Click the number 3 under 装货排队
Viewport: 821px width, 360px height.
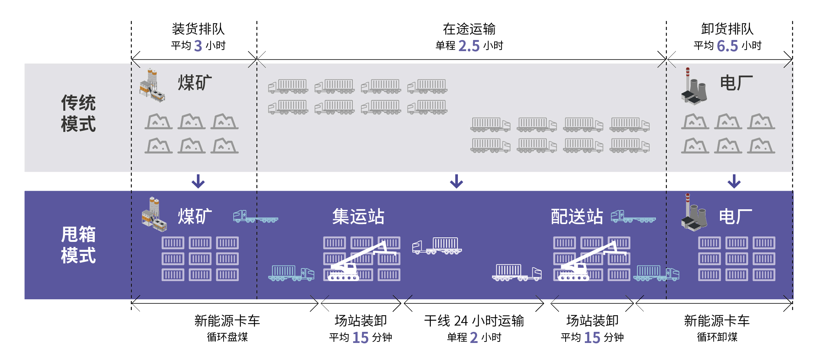point(198,46)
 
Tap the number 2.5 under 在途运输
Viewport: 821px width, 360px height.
point(469,46)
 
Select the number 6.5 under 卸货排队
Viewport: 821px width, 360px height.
point(727,46)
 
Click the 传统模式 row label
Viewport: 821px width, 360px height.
point(78,113)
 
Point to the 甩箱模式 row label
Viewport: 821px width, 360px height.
point(78,245)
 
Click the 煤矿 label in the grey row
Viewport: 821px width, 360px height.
point(195,83)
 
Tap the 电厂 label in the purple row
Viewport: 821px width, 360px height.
point(735,217)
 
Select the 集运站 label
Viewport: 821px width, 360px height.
point(358,217)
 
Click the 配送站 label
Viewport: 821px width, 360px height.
point(577,217)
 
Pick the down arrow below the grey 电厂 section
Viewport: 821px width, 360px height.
point(734,181)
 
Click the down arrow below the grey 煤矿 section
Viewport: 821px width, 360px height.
point(198,181)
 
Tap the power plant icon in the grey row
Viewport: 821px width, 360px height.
point(693,86)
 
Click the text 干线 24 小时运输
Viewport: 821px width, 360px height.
point(474,321)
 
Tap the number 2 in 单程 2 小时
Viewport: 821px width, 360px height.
point(474,337)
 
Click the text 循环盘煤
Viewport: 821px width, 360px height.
point(227,337)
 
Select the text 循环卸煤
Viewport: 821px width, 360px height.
point(717,337)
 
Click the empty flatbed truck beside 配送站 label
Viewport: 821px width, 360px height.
point(633,217)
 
